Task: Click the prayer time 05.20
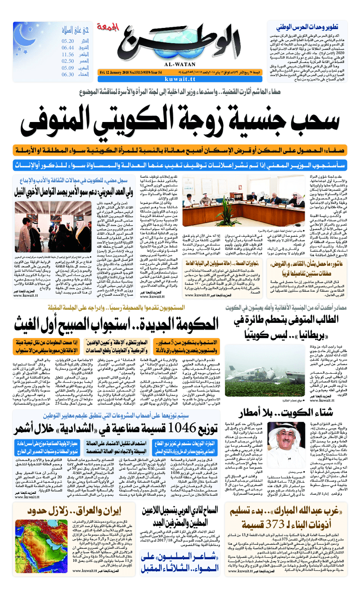click(x=68, y=41)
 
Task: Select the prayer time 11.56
click(x=68, y=54)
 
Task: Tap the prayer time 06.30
click(x=68, y=75)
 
